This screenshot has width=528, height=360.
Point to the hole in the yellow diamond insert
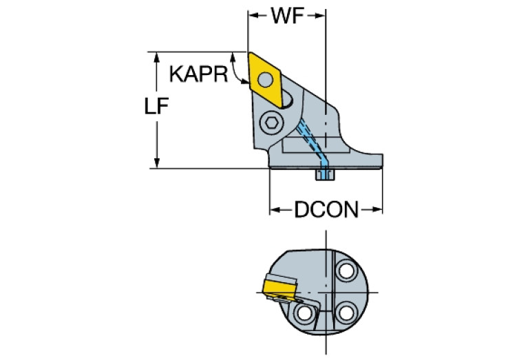pyautogui.click(x=271, y=78)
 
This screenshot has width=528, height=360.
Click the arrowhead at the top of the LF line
pyautogui.click(x=158, y=56)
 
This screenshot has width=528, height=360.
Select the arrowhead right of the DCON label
pyautogui.click(x=377, y=209)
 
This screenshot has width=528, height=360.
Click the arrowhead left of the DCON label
pyautogui.click(x=274, y=209)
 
